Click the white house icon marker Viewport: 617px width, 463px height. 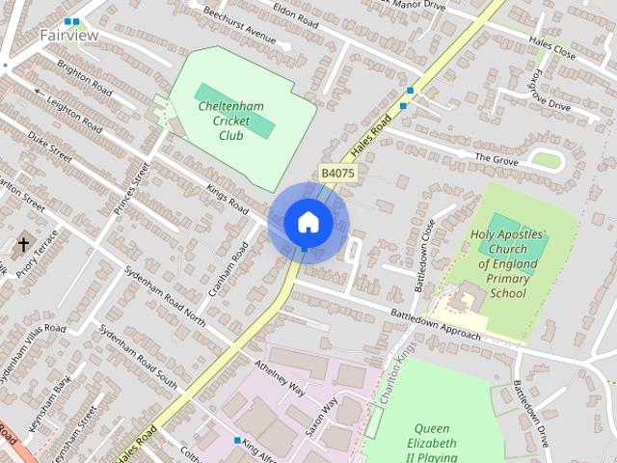click(308, 222)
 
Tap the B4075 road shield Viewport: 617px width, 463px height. click(337, 173)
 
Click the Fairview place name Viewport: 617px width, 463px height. click(68, 35)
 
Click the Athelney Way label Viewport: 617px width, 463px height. click(281, 378)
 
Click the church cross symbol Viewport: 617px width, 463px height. click(23, 245)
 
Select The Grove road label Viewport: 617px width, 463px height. click(497, 155)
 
